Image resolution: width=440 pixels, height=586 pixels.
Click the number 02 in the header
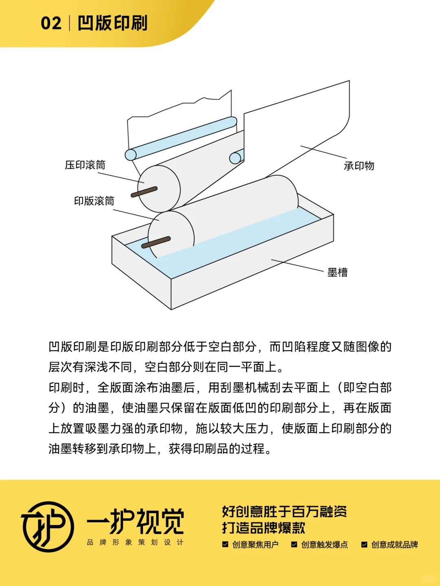(51, 23)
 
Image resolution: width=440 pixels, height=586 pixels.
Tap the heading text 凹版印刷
(112, 23)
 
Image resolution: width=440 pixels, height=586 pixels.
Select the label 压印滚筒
(85, 165)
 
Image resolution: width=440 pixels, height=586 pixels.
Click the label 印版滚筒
(94, 201)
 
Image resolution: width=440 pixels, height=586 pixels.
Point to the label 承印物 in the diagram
(359, 166)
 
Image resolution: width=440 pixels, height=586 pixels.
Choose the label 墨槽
(337, 272)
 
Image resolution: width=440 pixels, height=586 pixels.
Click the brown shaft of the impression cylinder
(144, 192)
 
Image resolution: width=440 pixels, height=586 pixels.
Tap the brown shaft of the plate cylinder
(155, 242)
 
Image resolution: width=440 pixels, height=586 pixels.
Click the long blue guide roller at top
(181, 138)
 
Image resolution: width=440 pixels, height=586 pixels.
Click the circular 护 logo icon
(48, 527)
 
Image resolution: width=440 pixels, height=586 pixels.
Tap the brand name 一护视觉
(135, 521)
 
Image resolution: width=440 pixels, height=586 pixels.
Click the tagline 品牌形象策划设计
(135, 542)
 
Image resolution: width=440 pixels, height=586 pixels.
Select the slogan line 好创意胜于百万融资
(284, 511)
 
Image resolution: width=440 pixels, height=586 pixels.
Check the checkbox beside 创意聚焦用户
(225, 544)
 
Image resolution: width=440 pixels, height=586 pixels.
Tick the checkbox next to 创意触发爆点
(294, 544)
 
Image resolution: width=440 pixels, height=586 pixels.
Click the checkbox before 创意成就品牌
(364, 544)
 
